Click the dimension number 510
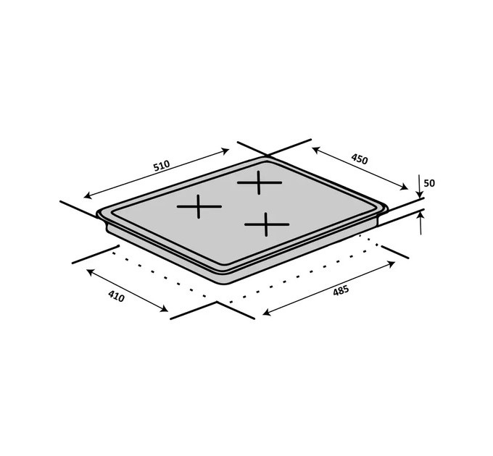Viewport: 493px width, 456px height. click(162, 165)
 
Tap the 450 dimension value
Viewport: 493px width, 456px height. click(359, 159)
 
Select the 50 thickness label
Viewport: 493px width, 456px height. click(429, 183)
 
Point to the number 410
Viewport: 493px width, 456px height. click(116, 296)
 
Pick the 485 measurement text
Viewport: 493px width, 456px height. click(341, 290)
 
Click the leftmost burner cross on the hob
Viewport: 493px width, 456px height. click(199, 206)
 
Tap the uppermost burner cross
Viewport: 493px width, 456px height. click(259, 182)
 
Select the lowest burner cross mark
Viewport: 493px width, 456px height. click(266, 224)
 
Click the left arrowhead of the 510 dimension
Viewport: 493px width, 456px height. click(88, 195)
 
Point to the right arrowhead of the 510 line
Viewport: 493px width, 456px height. click(225, 151)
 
